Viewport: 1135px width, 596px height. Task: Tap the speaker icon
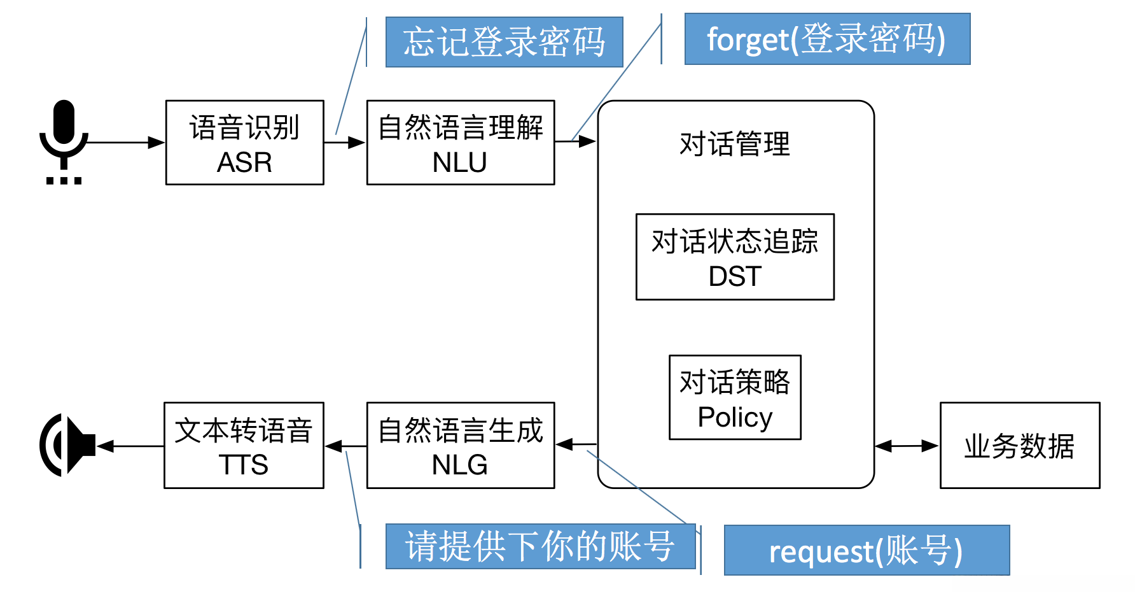(67, 445)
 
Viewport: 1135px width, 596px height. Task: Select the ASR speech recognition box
(244, 143)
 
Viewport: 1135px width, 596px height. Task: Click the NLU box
(460, 143)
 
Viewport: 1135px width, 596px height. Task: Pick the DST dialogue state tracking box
(735, 257)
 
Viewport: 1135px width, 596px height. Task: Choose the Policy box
(735, 397)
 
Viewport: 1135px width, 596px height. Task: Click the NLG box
(460, 445)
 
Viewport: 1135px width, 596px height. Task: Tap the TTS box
(244, 445)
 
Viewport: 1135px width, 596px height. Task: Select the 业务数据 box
(1019, 445)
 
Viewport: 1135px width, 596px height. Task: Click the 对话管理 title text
(735, 144)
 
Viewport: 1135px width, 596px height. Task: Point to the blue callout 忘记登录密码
(504, 42)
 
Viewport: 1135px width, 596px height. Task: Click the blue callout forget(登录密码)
(827, 39)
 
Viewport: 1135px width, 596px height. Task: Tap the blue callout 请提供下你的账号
(540, 546)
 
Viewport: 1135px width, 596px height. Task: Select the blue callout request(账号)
(867, 550)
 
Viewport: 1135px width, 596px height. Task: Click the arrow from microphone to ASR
(124, 142)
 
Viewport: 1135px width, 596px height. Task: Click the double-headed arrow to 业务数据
(907, 446)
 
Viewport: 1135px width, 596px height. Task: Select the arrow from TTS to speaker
(130, 446)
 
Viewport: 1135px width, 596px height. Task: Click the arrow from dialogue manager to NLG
(576, 444)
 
